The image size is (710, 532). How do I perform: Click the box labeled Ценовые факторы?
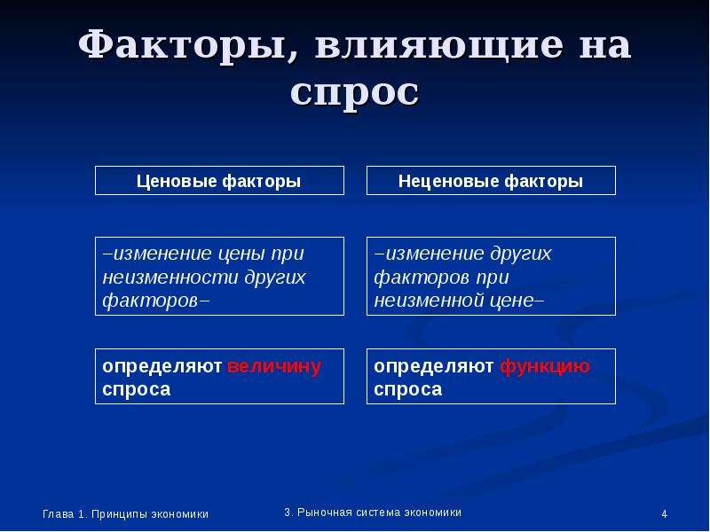(x=219, y=181)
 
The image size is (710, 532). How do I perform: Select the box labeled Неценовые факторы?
(x=491, y=181)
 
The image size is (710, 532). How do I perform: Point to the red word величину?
(x=274, y=365)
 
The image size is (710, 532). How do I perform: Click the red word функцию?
(x=545, y=366)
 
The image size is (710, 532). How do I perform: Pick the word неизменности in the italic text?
(x=170, y=277)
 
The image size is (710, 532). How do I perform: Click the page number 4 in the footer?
(x=664, y=514)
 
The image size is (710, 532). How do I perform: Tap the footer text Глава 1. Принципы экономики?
(x=125, y=514)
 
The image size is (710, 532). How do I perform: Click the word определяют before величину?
(x=162, y=366)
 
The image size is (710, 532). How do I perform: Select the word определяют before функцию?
(x=433, y=366)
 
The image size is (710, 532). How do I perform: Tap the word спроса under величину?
(x=137, y=389)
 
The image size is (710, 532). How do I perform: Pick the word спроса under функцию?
(x=408, y=389)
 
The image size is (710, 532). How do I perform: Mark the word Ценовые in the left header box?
(x=176, y=182)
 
